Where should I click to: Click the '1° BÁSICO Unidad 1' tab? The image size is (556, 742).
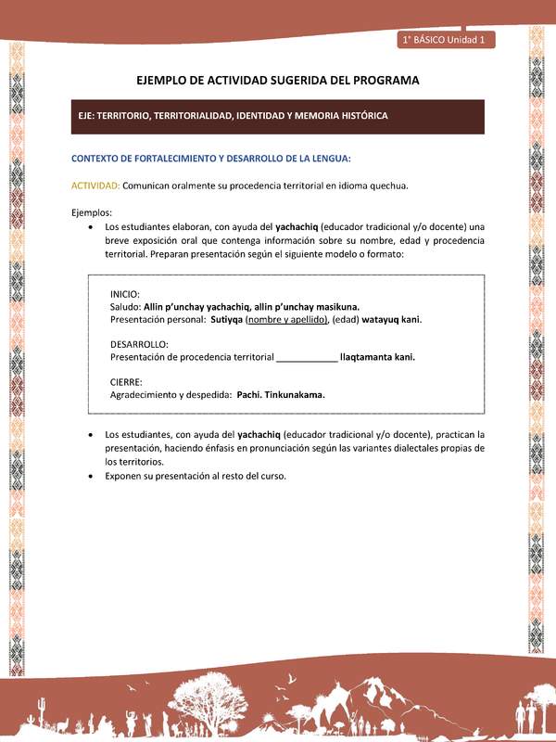pyautogui.click(x=448, y=40)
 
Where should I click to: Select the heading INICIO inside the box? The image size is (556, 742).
pyautogui.click(x=125, y=294)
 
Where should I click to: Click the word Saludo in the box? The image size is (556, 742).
pyautogui.click(x=124, y=306)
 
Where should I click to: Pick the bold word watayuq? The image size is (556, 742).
pyautogui.click(x=380, y=319)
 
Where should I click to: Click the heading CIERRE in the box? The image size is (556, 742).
pyautogui.click(x=125, y=381)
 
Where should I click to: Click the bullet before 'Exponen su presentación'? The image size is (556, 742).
pyautogui.click(x=89, y=476)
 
